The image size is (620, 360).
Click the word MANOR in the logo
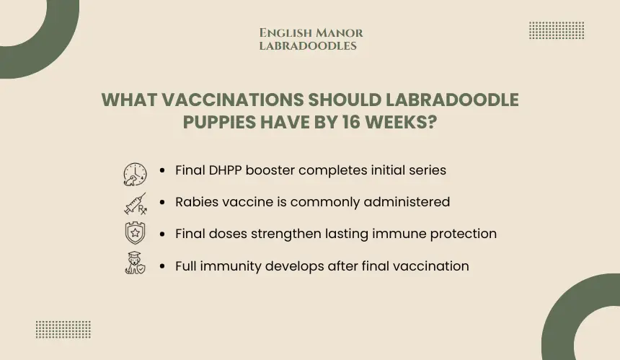pos(340,33)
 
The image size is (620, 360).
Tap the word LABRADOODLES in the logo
pos(308,46)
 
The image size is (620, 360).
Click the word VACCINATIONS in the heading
pos(232,100)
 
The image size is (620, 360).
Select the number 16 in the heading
pos(351,122)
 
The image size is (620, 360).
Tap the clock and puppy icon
pos(136,174)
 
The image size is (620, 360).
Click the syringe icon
pos(136,203)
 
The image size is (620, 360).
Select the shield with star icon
pos(136,232)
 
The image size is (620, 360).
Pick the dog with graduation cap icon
pos(136,263)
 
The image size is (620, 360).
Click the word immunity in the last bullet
pos(231,266)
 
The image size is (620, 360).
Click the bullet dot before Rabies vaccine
pos(162,202)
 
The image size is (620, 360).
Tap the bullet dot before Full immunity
pos(162,266)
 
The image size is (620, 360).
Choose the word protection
pos(463,234)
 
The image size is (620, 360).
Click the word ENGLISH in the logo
pos(286,33)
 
